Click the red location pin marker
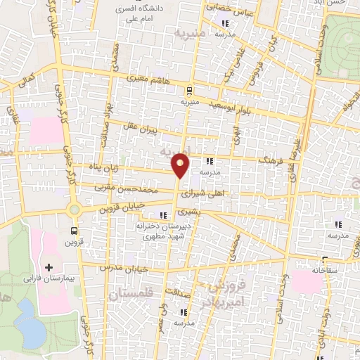[x=181, y=165]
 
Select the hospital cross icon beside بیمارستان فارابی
[x=49, y=268]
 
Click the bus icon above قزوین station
[x=75, y=230]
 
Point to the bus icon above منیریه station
[x=188, y=90]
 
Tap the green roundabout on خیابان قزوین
[x=73, y=209]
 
